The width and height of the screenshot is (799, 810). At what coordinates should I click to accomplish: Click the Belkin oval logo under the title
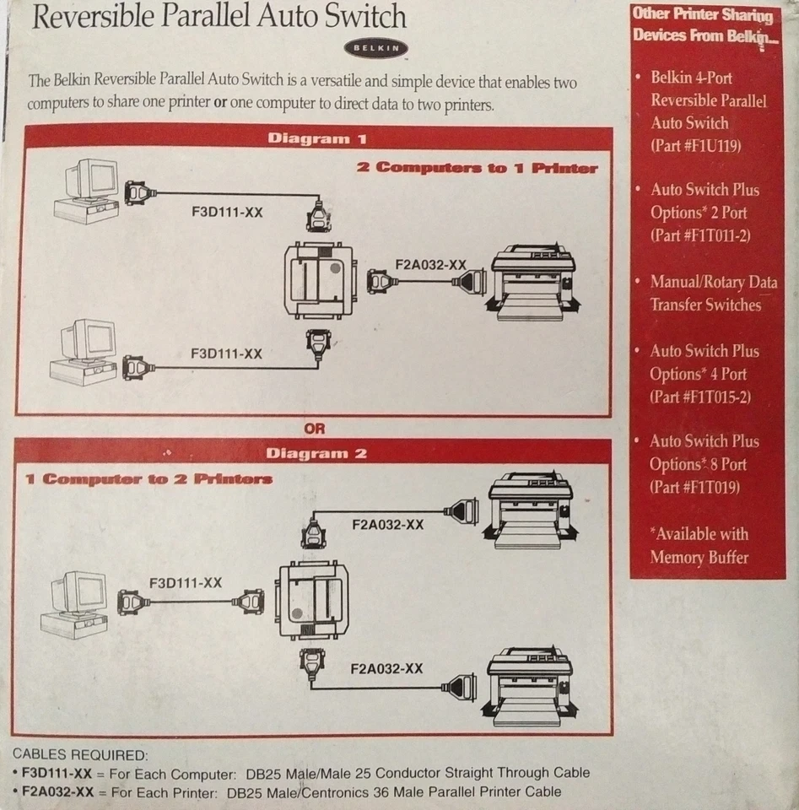(x=375, y=49)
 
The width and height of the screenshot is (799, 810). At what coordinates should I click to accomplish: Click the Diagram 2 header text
(x=316, y=453)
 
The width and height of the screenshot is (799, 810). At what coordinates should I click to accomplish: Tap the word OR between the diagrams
(x=314, y=429)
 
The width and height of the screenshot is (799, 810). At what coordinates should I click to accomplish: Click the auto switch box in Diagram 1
(x=318, y=279)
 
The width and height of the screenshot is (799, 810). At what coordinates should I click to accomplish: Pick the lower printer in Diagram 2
(x=530, y=684)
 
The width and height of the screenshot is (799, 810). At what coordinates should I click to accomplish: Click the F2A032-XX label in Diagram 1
(x=430, y=264)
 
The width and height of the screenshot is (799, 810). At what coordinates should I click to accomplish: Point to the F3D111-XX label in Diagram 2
(x=186, y=582)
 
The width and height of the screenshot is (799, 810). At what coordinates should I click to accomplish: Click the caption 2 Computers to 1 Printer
(x=477, y=167)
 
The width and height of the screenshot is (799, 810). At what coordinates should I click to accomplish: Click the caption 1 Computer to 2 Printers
(x=148, y=479)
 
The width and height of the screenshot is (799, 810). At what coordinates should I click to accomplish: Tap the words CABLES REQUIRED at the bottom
(x=80, y=754)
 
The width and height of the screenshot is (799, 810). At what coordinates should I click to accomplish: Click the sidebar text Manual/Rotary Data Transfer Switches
(x=713, y=294)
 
